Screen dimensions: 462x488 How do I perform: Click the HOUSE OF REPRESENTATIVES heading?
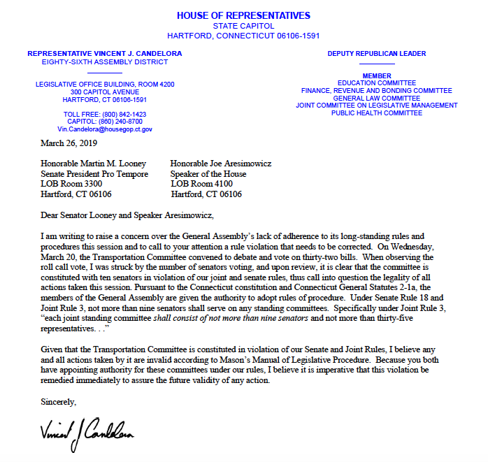(x=243, y=15)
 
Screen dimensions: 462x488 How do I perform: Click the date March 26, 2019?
(x=71, y=144)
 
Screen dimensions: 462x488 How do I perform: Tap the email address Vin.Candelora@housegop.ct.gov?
(x=105, y=129)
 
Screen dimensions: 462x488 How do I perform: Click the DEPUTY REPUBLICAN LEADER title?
(x=377, y=54)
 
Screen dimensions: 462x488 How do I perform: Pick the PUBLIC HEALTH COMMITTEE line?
(x=377, y=113)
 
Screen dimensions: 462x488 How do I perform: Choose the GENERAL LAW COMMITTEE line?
(x=377, y=99)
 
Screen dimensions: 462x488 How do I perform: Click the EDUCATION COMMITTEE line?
(x=377, y=83)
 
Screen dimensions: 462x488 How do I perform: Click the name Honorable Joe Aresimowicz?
(x=221, y=164)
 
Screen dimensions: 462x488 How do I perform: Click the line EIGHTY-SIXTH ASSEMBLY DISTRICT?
(x=105, y=62)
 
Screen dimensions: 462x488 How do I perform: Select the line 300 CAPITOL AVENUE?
(x=105, y=92)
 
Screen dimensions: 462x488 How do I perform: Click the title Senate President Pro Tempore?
(x=94, y=174)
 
